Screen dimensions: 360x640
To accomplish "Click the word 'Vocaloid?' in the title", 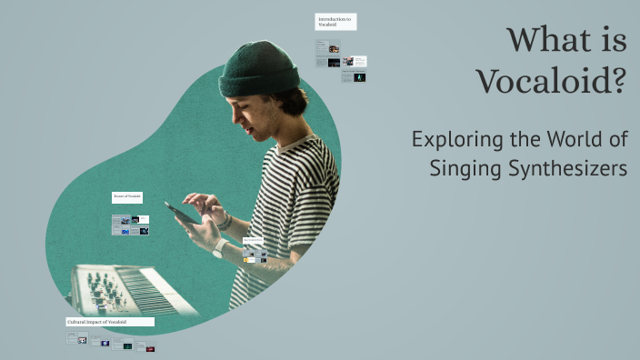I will click(552, 83).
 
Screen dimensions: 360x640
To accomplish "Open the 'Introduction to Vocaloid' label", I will click(335, 22).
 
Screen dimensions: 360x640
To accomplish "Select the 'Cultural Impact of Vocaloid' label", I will click(110, 322).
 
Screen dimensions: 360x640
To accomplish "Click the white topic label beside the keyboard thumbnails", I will click(126, 196).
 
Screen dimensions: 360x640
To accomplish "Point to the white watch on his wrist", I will click(219, 247).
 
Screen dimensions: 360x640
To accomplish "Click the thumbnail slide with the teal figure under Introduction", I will click(360, 78).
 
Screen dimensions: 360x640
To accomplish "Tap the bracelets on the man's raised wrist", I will click(225, 221).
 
